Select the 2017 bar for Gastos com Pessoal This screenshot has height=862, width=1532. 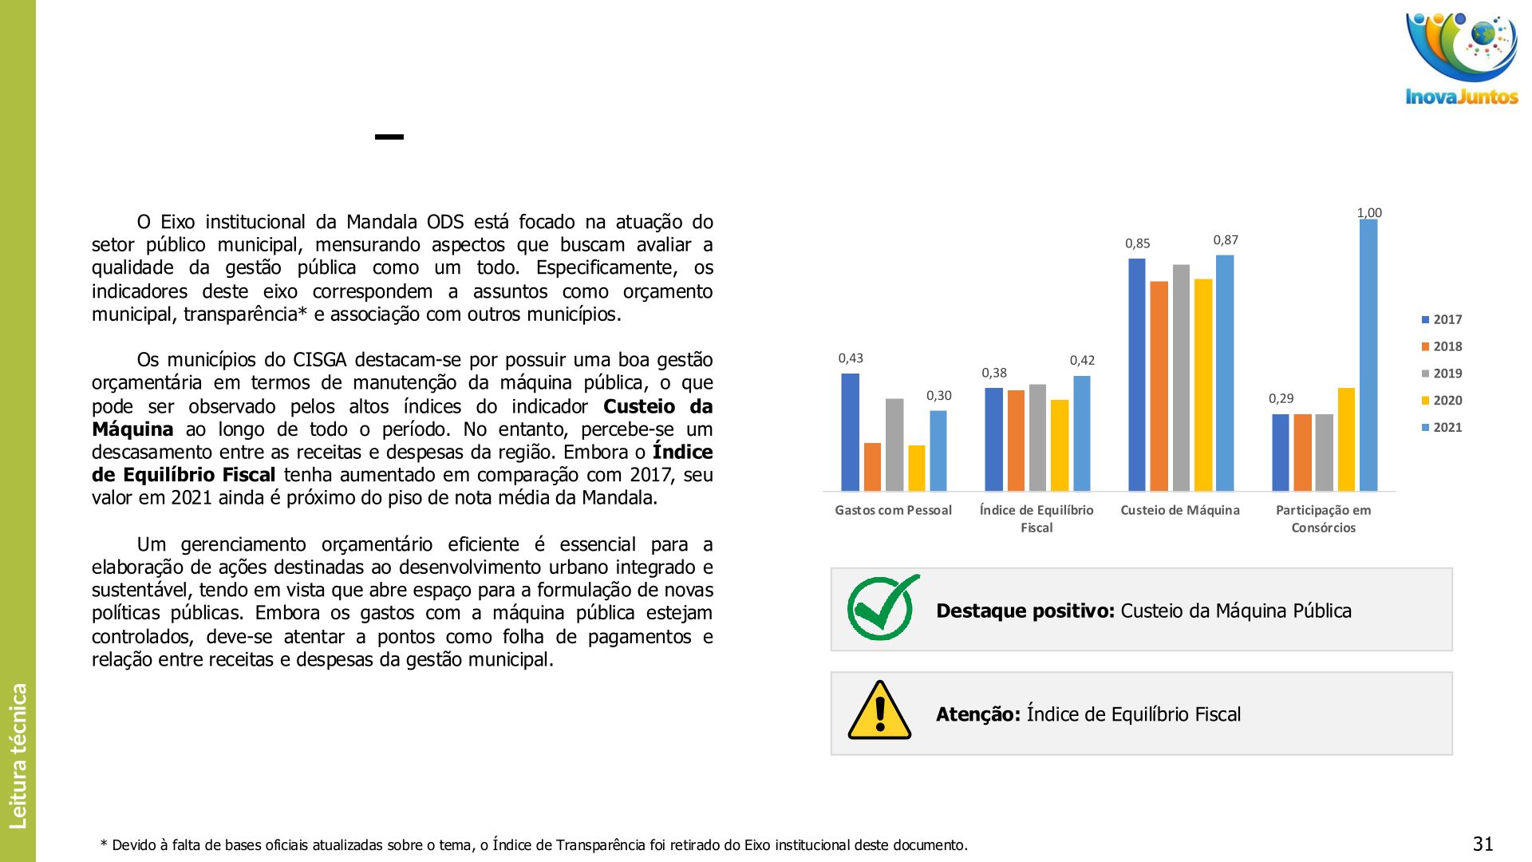click(850, 432)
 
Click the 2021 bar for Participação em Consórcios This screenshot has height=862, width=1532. click(1368, 355)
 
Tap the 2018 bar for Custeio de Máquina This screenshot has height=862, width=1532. click(1159, 386)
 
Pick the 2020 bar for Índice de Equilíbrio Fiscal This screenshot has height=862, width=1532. click(1059, 445)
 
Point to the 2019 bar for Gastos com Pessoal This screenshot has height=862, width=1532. click(894, 445)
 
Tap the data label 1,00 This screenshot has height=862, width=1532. click(1369, 213)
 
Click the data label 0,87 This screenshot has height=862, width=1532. click(1226, 240)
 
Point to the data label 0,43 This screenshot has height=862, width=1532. click(851, 358)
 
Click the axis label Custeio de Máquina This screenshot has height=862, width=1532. click(1179, 511)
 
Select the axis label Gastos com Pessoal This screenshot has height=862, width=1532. click(893, 511)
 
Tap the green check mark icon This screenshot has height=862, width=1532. click(882, 608)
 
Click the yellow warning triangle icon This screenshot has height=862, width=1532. click(879, 711)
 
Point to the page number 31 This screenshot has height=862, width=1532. click(1483, 844)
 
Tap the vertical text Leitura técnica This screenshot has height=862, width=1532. click(18, 755)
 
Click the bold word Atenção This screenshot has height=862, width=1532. click(977, 714)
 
